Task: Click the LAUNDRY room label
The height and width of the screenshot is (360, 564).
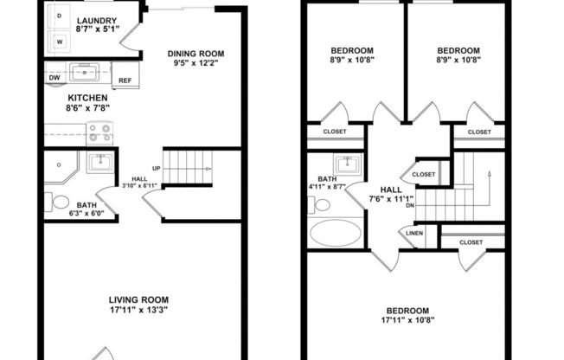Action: (97, 21)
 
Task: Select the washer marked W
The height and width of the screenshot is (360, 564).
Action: (60, 41)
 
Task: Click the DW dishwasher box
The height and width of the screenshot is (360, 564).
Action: (55, 78)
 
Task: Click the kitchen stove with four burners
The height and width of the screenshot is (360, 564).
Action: (99, 132)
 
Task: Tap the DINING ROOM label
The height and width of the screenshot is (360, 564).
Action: (195, 54)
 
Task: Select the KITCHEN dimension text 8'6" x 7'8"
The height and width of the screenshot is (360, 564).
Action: (87, 108)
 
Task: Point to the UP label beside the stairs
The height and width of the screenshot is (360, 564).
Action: (157, 169)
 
